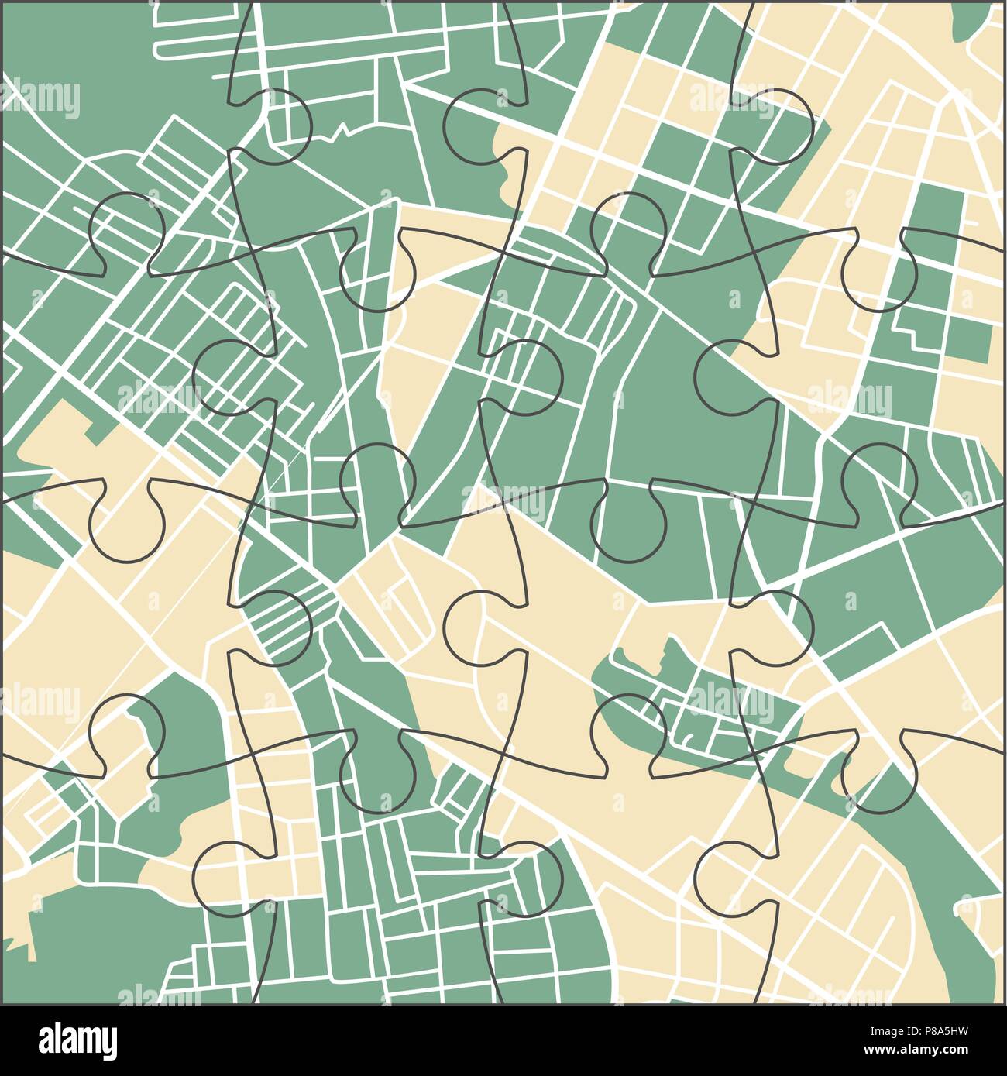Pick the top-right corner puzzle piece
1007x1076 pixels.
coord(891,116)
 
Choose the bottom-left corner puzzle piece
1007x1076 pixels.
coord(116,891)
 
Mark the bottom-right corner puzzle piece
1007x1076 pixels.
coord(891,891)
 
